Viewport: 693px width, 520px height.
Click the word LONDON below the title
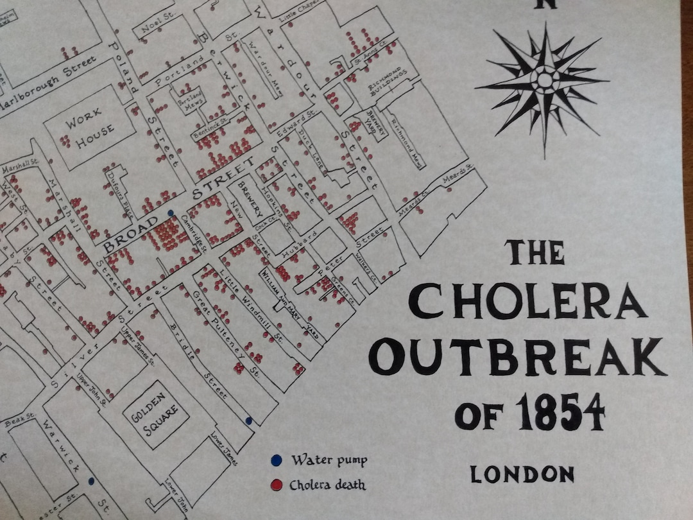click(522, 474)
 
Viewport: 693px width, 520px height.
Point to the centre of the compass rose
click(544, 80)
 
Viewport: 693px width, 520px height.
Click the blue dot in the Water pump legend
click(276, 460)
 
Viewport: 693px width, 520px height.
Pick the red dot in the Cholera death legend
click(276, 485)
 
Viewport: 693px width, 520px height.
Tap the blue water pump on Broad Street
click(170, 212)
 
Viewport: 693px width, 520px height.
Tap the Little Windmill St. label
click(248, 302)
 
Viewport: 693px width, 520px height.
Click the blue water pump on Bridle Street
click(248, 420)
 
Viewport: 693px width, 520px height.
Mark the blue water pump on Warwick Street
click(91, 480)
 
